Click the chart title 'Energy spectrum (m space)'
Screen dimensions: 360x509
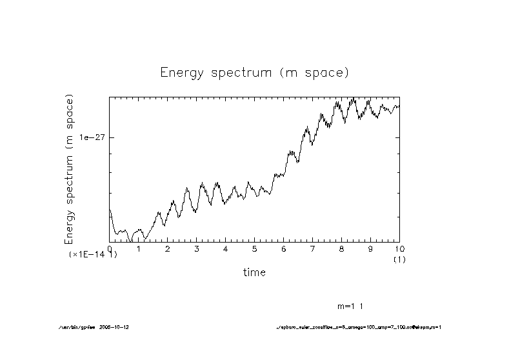[254, 72]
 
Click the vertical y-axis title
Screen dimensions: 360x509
[70, 169]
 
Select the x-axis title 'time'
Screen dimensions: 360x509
[254, 272]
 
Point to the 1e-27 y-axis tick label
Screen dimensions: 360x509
[92, 137]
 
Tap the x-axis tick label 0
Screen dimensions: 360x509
[110, 248]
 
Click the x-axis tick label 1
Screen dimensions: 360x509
[139, 248]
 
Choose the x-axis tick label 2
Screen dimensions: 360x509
[168, 248]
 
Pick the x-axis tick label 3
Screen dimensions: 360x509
[197, 248]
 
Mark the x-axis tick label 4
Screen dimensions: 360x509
[226, 248]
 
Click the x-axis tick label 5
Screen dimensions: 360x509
[255, 248]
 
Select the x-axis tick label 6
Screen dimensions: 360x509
[284, 248]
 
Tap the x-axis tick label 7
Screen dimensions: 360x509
[313, 248]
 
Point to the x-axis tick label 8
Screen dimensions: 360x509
[341, 248]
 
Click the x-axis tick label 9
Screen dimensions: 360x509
[370, 248]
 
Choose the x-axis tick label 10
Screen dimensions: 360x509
[399, 248]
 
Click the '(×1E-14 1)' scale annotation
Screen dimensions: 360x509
[93, 255]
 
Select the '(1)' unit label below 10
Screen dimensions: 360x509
[399, 259]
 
